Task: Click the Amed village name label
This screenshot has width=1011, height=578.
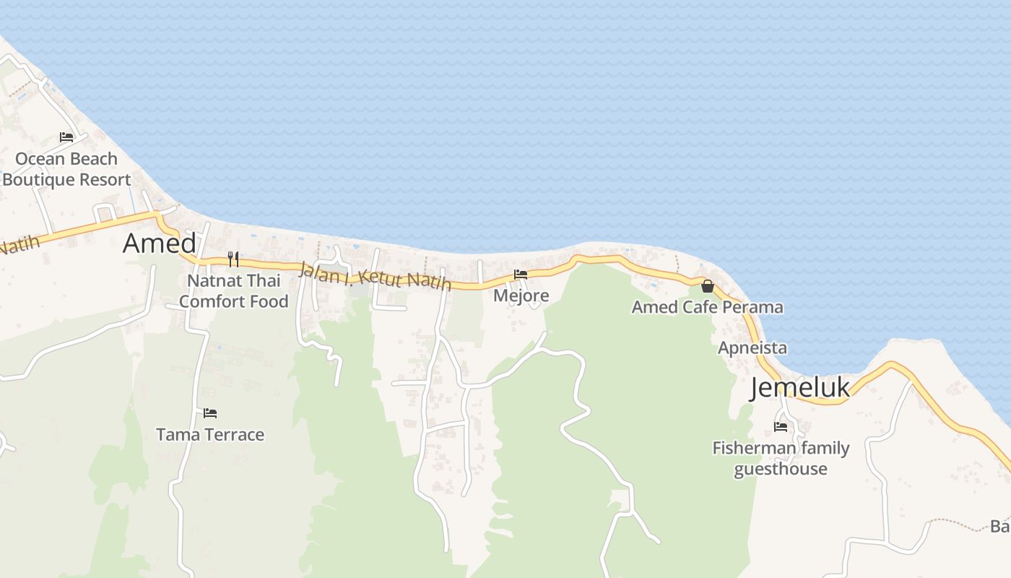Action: click(159, 243)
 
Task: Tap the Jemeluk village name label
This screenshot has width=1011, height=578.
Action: click(800, 388)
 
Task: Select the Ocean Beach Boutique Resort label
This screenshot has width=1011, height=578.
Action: click(66, 169)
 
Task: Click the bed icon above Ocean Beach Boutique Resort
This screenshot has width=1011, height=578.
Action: click(66, 137)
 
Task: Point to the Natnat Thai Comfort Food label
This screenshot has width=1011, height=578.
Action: click(233, 290)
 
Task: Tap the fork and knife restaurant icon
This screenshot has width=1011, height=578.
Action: click(233, 259)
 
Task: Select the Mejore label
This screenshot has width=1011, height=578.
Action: click(521, 296)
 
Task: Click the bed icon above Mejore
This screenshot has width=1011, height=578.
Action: click(521, 275)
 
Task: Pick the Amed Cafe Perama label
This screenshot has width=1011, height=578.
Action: click(707, 307)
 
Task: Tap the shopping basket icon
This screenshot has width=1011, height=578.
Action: click(708, 286)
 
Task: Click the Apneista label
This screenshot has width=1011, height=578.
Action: click(752, 348)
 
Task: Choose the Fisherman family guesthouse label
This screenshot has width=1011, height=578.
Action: click(781, 458)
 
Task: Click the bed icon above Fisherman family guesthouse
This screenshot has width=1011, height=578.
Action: click(781, 427)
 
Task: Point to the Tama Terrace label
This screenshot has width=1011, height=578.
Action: click(210, 435)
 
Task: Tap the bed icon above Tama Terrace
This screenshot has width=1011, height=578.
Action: click(210, 413)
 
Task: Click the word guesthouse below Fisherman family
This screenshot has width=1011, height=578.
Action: click(781, 469)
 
